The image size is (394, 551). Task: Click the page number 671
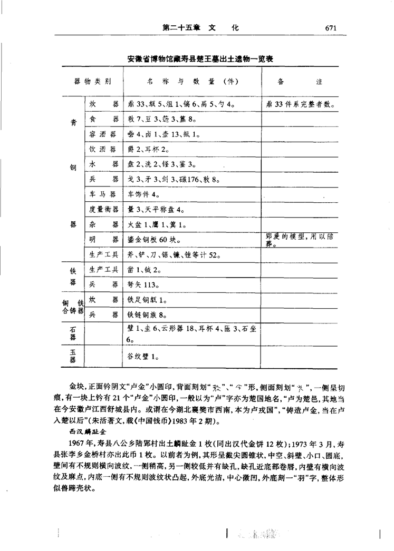click(x=331, y=28)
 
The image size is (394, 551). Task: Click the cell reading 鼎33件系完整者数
click(x=301, y=104)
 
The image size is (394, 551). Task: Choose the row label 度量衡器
click(x=103, y=210)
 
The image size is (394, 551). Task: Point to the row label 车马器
click(x=103, y=194)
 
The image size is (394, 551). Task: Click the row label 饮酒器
click(x=103, y=149)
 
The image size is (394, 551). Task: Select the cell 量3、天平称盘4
click(x=156, y=210)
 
